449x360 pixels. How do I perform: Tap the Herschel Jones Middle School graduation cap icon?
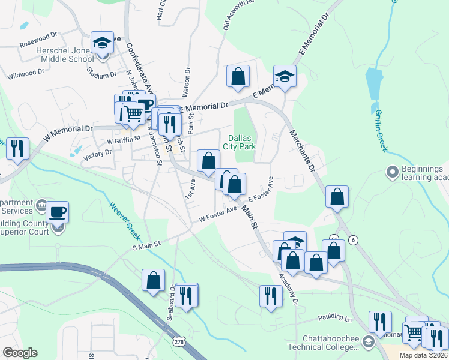pos(102,44)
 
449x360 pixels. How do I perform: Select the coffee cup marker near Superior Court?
pos(58,212)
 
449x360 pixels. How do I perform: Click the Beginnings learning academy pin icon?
pos(393,173)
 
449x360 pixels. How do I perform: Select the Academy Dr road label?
pos(288,289)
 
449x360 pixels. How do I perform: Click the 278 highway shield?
pos(178,341)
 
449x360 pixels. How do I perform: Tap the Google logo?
pos(20,353)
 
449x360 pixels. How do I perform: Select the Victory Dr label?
pos(98,154)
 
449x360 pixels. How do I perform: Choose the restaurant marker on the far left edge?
pos(17,149)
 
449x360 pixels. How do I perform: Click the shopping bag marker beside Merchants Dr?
pos(337,197)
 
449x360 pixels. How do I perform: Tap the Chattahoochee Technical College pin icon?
pos(369,341)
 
